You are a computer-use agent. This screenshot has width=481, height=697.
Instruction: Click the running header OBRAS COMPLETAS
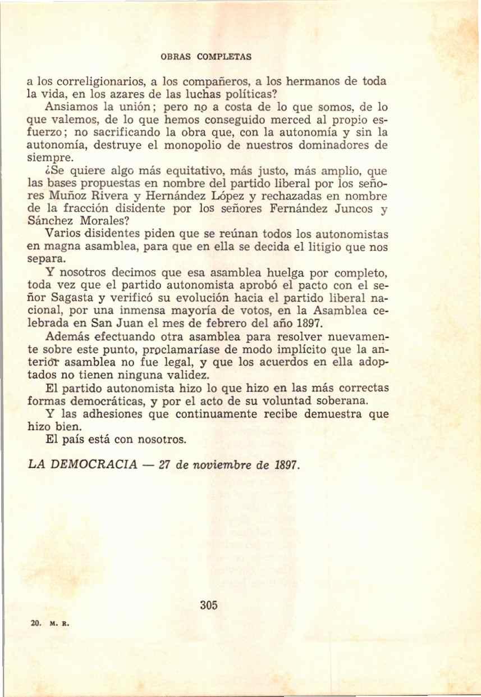point(206,57)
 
